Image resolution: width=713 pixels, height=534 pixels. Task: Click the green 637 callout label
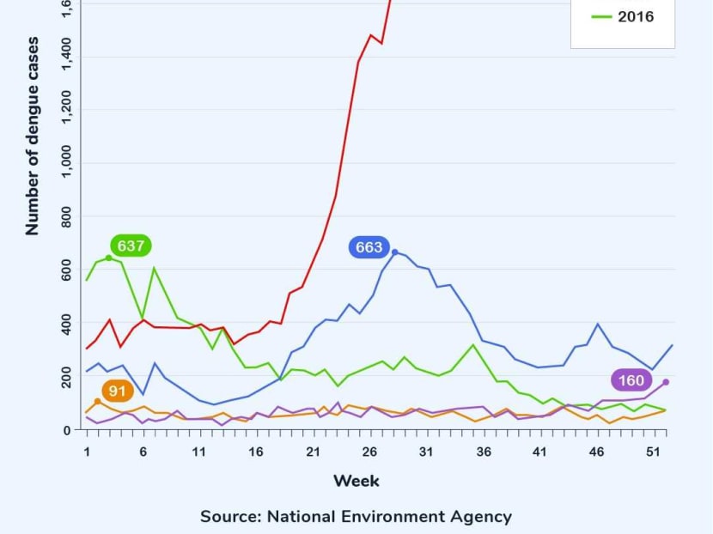(131, 246)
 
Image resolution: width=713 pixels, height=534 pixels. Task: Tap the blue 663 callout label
(369, 247)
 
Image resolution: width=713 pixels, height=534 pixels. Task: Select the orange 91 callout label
(118, 391)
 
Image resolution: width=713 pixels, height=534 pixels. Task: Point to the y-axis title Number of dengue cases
(33, 136)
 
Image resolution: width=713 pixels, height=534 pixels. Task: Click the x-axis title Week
(356, 480)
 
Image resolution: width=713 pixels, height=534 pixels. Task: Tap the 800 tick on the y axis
(65, 217)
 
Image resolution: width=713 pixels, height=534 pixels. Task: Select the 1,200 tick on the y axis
(65, 111)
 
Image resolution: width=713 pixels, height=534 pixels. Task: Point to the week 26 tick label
(370, 452)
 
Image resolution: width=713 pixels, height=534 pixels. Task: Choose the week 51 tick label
(653, 452)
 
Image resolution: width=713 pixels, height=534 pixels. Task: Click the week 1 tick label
(87, 452)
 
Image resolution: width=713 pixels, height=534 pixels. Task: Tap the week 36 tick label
(483, 452)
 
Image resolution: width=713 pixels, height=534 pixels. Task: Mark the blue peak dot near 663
(394, 252)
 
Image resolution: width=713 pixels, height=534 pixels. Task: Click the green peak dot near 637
(108, 258)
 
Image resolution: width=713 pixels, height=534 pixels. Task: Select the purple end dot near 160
(666, 382)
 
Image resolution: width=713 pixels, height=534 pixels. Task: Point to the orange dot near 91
(98, 401)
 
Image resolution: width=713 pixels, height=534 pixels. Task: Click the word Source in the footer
(229, 517)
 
